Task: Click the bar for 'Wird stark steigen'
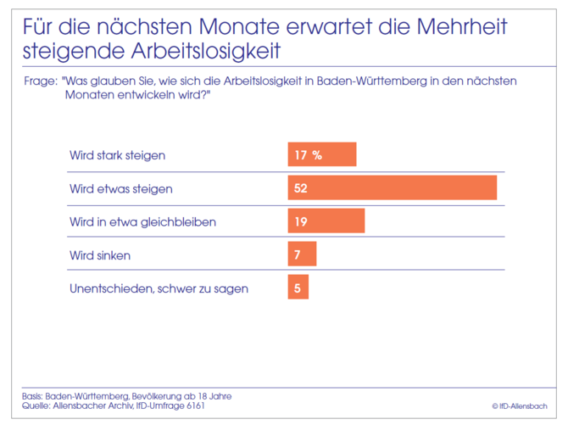(x=322, y=155)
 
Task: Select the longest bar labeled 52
(x=392, y=188)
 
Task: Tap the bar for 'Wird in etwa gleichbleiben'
(x=326, y=221)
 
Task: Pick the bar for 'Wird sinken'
(x=302, y=254)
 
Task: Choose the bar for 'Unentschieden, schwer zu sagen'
(x=298, y=288)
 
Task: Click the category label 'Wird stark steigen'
(x=117, y=155)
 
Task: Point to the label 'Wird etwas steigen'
(x=120, y=188)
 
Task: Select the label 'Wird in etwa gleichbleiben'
(x=142, y=221)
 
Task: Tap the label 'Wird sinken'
(x=100, y=254)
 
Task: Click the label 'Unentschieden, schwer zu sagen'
(x=159, y=288)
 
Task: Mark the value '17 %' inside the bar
(x=309, y=155)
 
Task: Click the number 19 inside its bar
(x=301, y=221)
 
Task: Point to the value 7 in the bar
(x=298, y=254)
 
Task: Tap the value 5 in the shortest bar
(x=298, y=288)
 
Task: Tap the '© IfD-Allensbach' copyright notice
(x=520, y=405)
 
